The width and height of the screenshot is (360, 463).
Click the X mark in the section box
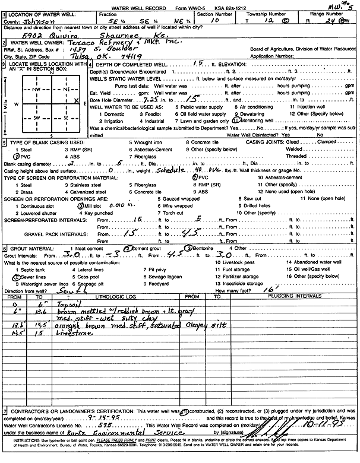[x=77, y=102]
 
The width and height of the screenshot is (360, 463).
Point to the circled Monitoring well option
[x=253, y=119]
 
